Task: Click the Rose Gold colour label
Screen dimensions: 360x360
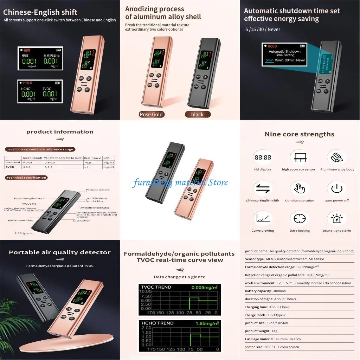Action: point(152,114)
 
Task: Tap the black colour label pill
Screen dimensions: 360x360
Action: point(197,114)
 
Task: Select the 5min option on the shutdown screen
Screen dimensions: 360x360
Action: point(269,60)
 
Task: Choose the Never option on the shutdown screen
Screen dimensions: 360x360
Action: point(300,60)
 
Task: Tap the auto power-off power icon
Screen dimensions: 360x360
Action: point(337,188)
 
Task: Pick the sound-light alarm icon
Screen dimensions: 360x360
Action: point(337,218)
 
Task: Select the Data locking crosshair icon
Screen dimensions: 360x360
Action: point(300,218)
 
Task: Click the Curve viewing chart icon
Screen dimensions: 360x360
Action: point(263,218)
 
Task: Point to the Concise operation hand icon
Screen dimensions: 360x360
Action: point(300,188)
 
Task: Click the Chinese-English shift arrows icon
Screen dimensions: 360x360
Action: point(263,188)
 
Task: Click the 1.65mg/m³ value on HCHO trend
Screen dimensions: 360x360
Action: point(207,323)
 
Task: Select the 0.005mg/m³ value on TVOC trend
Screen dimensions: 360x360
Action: point(205,287)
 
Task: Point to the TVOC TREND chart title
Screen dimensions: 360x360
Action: point(156,287)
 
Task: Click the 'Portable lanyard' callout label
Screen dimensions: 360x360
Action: point(97,190)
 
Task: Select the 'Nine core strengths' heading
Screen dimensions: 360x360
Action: point(299,134)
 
